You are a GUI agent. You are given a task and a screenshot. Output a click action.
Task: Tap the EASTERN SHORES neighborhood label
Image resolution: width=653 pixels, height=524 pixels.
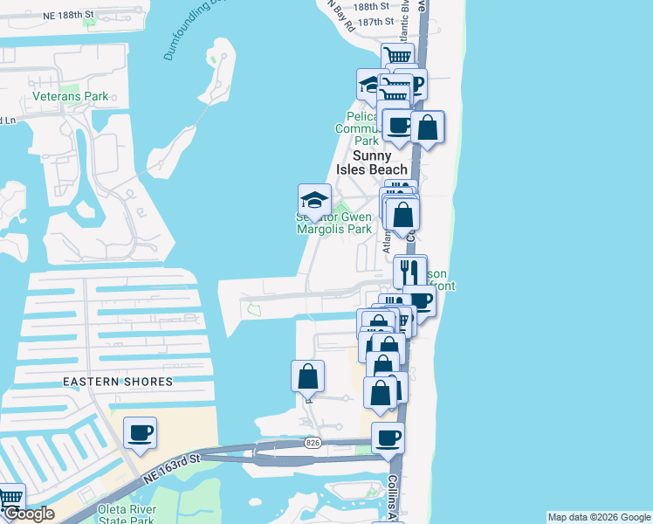(x=117, y=382)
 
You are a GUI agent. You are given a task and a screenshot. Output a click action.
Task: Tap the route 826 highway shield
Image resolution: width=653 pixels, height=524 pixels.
(x=313, y=444)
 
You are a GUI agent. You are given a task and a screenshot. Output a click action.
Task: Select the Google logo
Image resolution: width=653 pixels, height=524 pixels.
(x=29, y=514)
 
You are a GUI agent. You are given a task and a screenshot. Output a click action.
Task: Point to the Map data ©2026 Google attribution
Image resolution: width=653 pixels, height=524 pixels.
(x=598, y=517)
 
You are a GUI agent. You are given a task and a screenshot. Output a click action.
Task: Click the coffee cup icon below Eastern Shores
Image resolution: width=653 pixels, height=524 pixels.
(x=140, y=432)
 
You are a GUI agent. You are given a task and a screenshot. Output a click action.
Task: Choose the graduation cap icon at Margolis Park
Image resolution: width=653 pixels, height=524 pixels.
(x=314, y=200)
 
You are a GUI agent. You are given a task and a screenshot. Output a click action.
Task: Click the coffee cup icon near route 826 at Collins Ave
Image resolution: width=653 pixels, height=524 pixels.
(x=388, y=438)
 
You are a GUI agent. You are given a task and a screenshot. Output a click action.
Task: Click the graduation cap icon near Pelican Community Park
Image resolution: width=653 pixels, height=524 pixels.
(x=372, y=85)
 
